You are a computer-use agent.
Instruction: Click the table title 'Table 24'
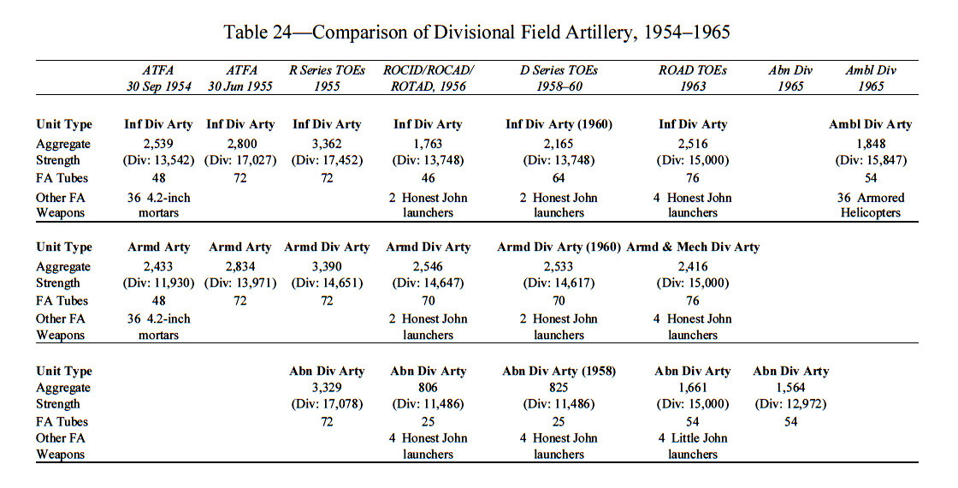point(257,32)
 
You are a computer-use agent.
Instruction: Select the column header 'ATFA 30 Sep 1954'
point(159,78)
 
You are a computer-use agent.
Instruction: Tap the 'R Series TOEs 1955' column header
point(327,78)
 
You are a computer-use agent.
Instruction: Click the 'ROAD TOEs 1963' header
point(692,78)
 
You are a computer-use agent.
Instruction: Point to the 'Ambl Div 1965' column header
point(871,78)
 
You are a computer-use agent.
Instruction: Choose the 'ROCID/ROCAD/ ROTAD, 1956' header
point(429,78)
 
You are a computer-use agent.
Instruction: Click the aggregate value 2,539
point(158,144)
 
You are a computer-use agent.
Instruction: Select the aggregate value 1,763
point(429,144)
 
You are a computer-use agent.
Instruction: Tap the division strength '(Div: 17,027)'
point(240,160)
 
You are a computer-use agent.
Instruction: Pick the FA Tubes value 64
point(559,178)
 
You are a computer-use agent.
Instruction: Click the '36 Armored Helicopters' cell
point(871,205)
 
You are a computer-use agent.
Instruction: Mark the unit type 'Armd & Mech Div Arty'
point(693,247)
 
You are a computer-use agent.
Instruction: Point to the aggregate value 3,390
point(327,266)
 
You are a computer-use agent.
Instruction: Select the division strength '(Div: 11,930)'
point(158,283)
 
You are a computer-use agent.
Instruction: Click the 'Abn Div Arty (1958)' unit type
point(559,372)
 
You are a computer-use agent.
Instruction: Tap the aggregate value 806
point(429,387)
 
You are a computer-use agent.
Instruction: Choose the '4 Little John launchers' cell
point(693,446)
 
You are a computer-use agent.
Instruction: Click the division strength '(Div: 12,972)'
point(790,404)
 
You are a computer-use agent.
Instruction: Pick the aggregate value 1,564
point(790,387)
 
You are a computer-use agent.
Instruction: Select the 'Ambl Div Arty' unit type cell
point(871,124)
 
